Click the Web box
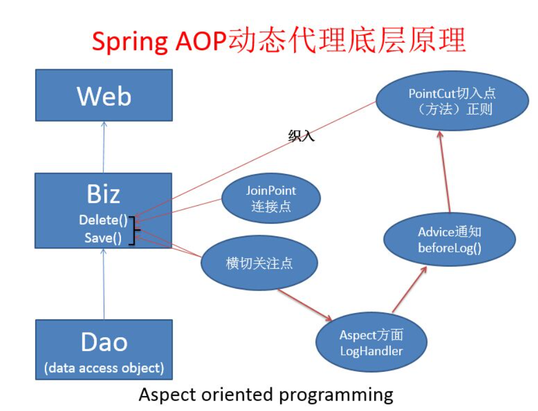point(104,95)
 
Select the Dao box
point(104,349)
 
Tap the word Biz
point(104,194)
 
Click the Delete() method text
point(103,220)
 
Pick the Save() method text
point(103,237)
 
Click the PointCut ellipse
point(452,101)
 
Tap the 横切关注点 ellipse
point(259,263)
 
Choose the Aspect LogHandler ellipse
point(371,343)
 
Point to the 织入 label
point(301,136)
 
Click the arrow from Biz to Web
point(104,147)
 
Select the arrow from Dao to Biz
point(104,282)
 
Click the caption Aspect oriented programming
point(266,395)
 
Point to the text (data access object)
point(104,368)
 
